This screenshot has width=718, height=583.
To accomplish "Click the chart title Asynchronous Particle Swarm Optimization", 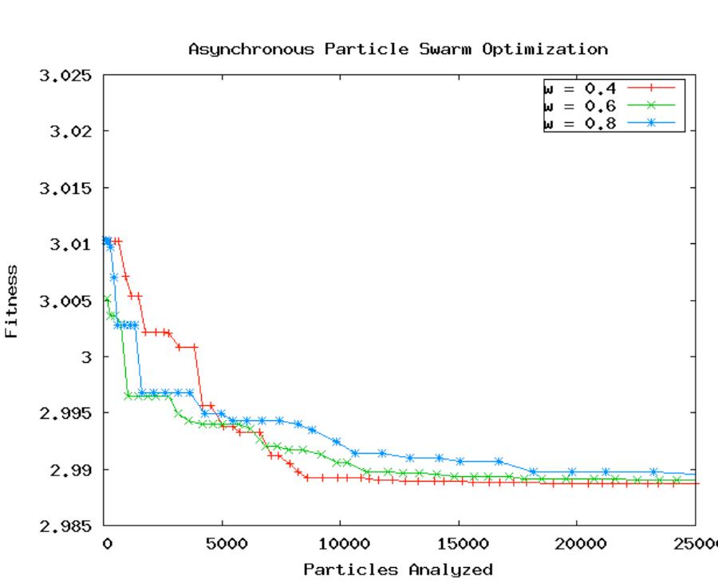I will tap(397, 49).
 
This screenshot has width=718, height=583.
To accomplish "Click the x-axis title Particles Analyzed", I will tap(397, 569).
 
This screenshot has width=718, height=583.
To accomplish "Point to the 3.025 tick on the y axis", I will tap(66, 76).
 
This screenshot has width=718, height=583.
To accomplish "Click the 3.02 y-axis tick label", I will tap(71, 132).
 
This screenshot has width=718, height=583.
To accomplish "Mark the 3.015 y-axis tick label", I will tap(66, 188).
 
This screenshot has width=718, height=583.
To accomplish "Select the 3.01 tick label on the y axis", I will tap(71, 244).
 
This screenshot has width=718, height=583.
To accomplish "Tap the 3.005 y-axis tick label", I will tap(66, 301).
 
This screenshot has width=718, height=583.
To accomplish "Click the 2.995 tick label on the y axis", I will tap(66, 413).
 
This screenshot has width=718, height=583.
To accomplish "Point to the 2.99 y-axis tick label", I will tap(71, 470).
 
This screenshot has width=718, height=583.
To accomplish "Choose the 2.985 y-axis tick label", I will tap(66, 526).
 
